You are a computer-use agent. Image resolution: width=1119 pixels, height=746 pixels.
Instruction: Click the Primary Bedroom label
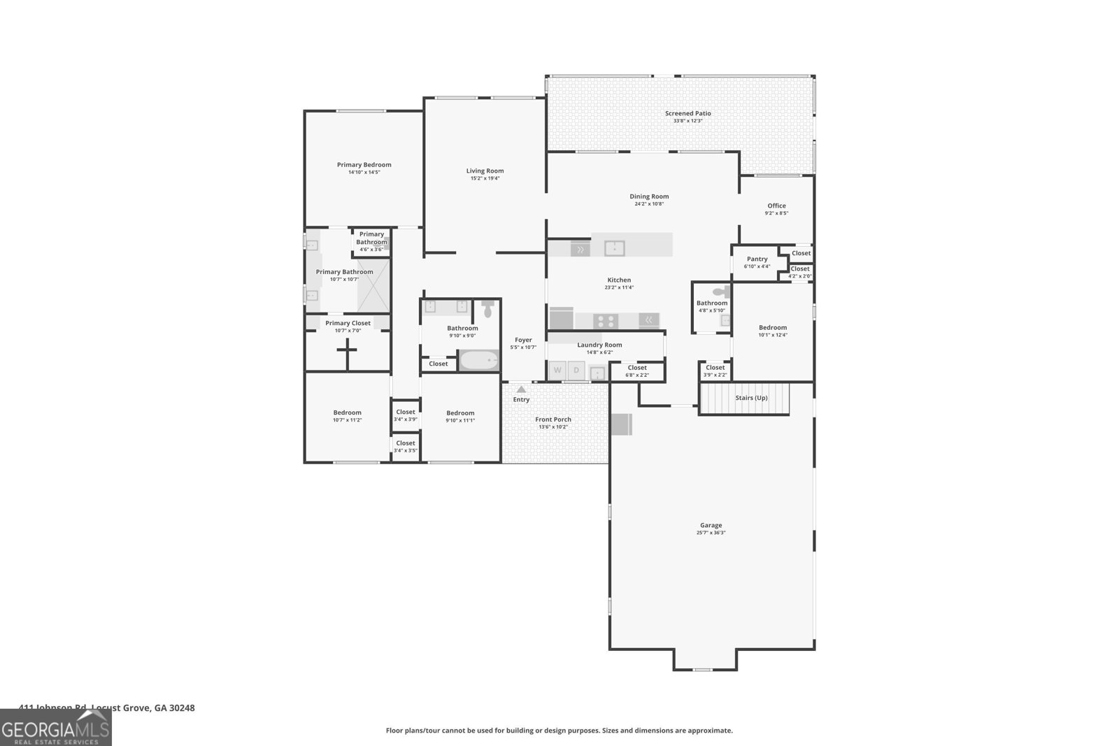pyautogui.click(x=364, y=165)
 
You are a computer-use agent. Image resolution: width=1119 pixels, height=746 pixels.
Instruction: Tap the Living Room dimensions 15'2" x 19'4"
pyautogui.click(x=485, y=178)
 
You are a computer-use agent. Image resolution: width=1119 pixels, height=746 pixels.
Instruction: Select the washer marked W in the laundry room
pyautogui.click(x=557, y=371)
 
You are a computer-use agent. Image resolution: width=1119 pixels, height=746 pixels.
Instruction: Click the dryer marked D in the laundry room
pyautogui.click(x=576, y=371)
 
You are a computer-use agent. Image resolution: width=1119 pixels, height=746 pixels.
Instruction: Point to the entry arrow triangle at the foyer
pyautogui.click(x=521, y=389)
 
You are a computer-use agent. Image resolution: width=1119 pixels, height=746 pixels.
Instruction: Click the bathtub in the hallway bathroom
pyautogui.click(x=479, y=361)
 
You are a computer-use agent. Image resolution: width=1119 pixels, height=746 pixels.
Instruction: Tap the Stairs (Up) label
pyautogui.click(x=751, y=398)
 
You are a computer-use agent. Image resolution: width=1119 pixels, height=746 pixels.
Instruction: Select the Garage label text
pyautogui.click(x=711, y=525)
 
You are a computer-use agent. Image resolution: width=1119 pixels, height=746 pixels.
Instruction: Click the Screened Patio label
pyautogui.click(x=687, y=113)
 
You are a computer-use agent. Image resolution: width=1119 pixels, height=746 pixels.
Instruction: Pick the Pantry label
pyautogui.click(x=757, y=259)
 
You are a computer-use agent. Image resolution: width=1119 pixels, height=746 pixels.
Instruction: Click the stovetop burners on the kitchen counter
pyautogui.click(x=606, y=321)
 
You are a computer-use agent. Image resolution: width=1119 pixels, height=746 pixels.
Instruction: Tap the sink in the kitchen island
pyautogui.click(x=614, y=248)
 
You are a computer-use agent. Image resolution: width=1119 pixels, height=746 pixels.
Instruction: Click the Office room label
pyautogui.click(x=776, y=206)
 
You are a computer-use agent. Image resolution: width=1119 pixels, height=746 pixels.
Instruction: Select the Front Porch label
pyautogui.click(x=553, y=419)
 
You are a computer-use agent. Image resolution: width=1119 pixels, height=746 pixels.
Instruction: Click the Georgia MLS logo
pyautogui.click(x=55, y=728)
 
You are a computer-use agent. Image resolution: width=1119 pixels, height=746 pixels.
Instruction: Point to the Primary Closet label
pyautogui.click(x=348, y=323)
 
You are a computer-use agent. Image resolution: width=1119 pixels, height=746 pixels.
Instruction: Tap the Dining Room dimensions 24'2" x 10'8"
pyautogui.click(x=648, y=203)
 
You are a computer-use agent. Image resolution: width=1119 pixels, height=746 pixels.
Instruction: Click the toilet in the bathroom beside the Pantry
pyautogui.click(x=720, y=292)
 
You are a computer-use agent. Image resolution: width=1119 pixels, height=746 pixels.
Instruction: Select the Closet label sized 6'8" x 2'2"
pyautogui.click(x=636, y=368)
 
